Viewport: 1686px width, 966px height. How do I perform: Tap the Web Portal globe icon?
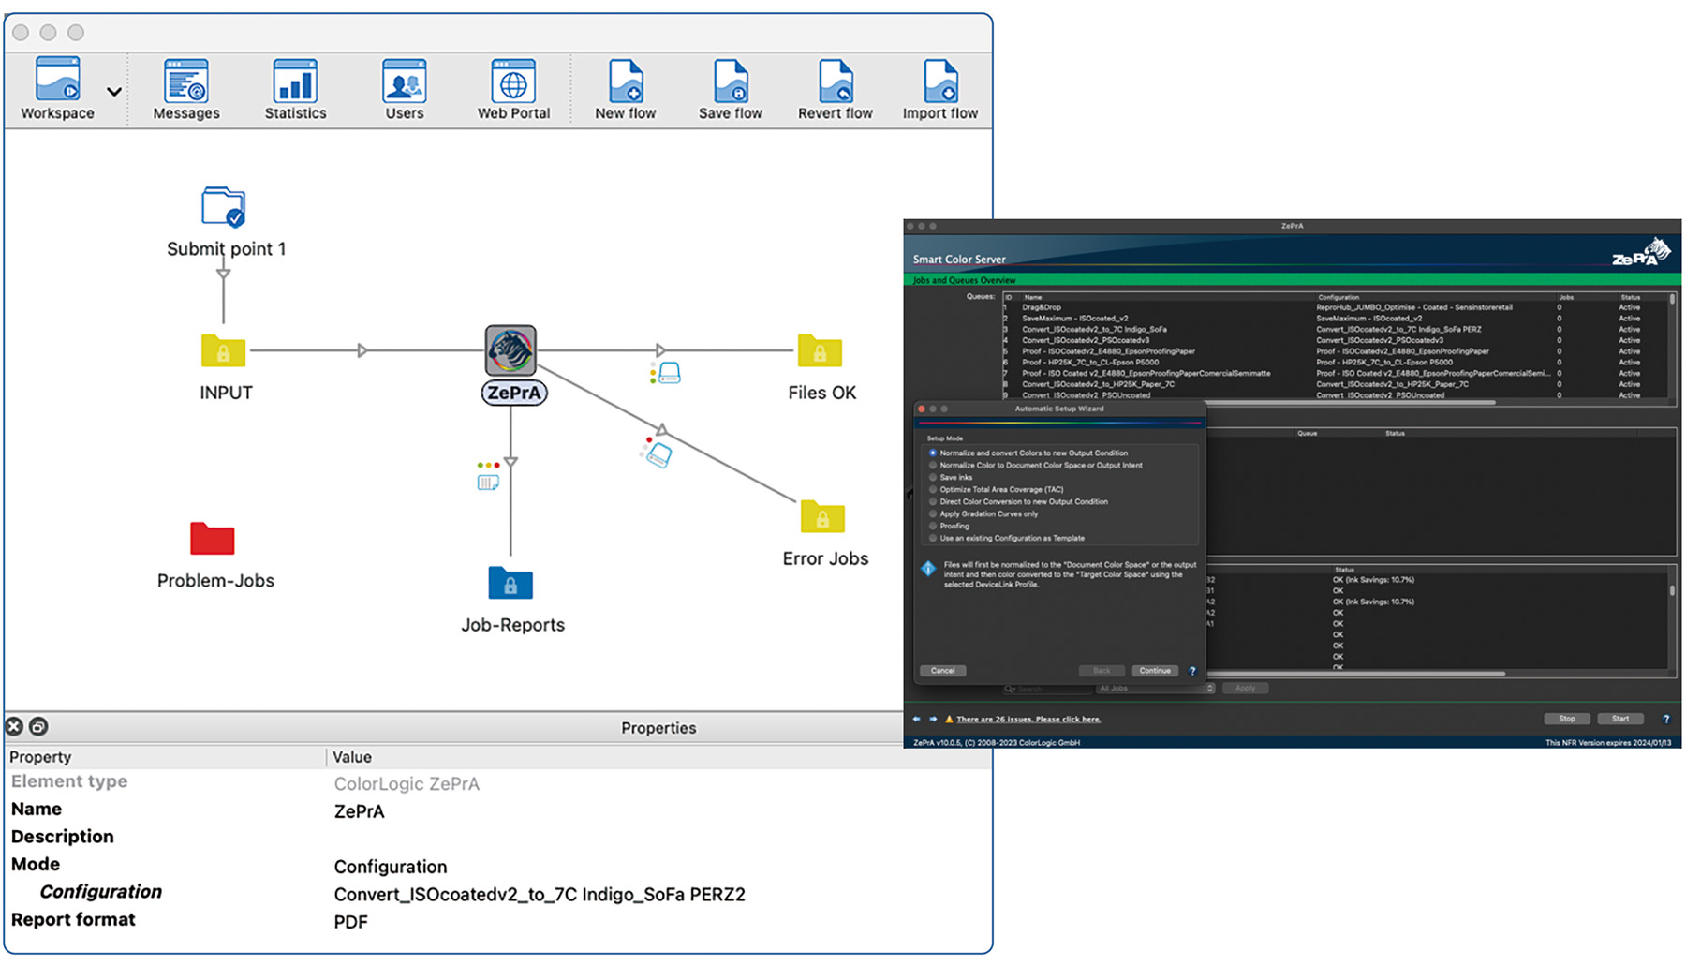tap(513, 82)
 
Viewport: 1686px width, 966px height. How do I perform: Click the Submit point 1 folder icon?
tap(224, 207)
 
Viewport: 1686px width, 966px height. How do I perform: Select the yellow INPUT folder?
tap(223, 351)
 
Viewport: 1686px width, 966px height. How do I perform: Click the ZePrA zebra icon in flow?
tap(510, 350)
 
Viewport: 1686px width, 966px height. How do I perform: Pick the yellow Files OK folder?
tap(820, 351)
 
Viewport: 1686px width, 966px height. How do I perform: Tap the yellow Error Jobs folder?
tap(822, 517)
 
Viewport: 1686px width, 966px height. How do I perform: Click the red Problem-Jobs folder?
tap(213, 539)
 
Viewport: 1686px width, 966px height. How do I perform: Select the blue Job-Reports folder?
tap(510, 583)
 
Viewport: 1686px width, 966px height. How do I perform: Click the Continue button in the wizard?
tap(1154, 671)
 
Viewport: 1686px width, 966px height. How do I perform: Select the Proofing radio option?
tap(933, 527)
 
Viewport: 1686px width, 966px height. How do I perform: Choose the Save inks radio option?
tap(933, 478)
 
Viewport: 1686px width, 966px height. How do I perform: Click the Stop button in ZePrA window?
tap(1566, 719)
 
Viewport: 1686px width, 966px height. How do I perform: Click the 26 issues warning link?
tap(1028, 720)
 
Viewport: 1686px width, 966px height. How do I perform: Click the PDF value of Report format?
tap(351, 922)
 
